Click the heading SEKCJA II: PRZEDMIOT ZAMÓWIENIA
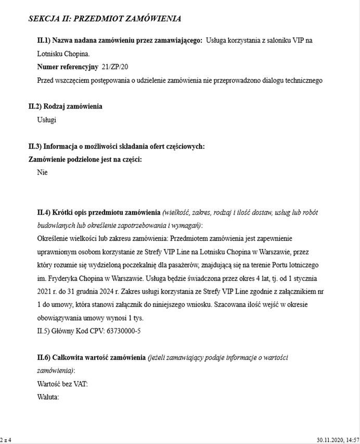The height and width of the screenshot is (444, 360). tap(105, 19)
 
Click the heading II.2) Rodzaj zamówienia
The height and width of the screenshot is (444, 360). tap(65, 107)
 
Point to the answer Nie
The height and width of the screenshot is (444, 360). tap(42, 173)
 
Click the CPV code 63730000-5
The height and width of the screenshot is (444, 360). tap(119, 331)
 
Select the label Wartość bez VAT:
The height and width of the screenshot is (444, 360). tap(62, 384)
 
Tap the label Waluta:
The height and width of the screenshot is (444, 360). tap(48, 398)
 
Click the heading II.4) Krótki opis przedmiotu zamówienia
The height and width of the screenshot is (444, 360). tap(99, 213)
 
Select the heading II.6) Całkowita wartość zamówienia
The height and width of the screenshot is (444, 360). tap(91, 358)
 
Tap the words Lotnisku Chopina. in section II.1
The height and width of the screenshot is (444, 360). tap(63, 54)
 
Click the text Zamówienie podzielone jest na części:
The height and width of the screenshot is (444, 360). tap(85, 160)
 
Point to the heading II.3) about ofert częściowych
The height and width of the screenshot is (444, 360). tap(117, 147)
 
